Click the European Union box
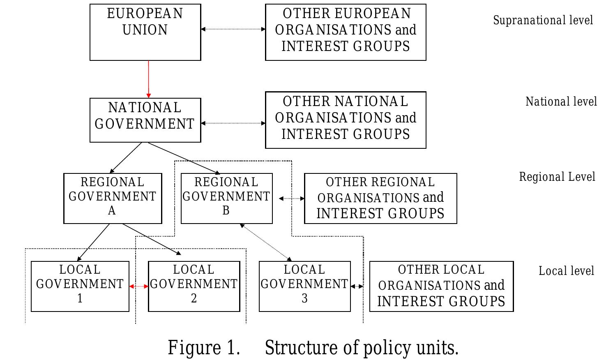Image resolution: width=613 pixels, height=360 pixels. point(145,32)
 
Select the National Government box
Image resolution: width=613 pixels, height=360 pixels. point(145,120)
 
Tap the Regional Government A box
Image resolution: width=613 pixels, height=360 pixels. point(113,198)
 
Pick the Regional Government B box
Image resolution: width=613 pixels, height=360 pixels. point(226,198)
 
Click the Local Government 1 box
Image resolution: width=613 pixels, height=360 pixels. point(80,286)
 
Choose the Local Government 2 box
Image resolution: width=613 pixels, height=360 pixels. point(194,286)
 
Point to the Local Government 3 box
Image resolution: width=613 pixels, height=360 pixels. point(304,286)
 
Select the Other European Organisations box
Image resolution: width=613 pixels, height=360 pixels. point(346,32)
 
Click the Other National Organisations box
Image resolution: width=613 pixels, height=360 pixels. point(346,120)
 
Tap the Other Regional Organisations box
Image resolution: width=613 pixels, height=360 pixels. point(380,198)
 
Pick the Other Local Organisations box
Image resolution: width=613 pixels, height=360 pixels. point(441,286)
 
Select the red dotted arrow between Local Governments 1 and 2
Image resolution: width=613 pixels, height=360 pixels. point(139,286)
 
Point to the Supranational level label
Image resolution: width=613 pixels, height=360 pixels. point(543,20)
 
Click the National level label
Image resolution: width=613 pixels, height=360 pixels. point(561,102)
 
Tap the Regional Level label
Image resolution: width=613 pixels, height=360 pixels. point(557,177)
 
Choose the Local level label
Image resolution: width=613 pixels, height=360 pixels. point(566,271)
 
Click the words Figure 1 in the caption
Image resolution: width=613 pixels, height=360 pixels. point(204,348)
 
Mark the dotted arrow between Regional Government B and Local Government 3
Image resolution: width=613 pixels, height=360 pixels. point(265,242)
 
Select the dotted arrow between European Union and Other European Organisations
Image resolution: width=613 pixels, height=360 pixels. point(233,29)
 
